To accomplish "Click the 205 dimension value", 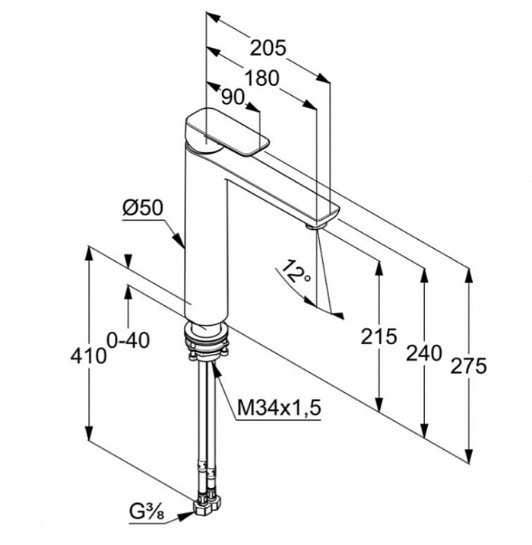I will click(x=268, y=48).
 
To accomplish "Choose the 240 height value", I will click(x=424, y=352).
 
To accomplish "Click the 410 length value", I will click(x=90, y=355).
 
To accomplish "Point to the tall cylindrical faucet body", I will click(x=206, y=244).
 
